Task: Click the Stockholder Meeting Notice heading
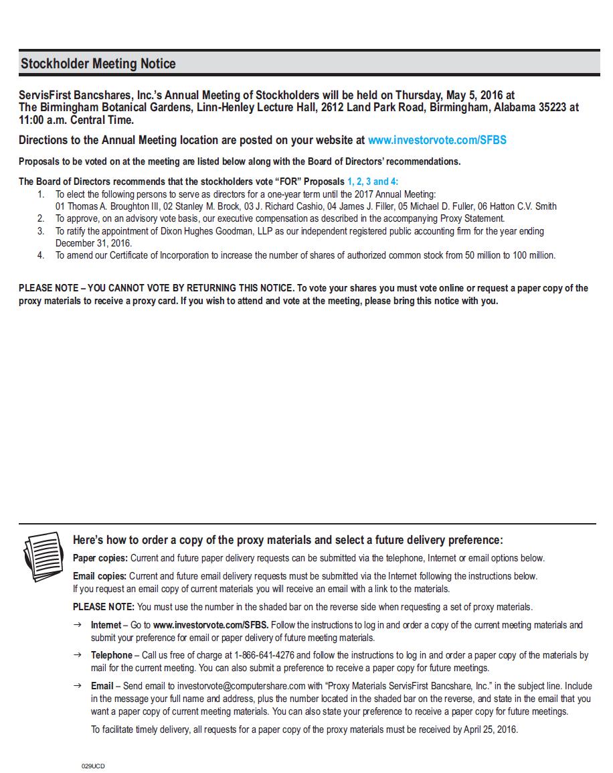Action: click(x=98, y=64)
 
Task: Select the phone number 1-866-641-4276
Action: click(x=265, y=655)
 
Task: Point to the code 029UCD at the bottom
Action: click(x=93, y=765)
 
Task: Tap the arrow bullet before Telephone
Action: click(x=78, y=655)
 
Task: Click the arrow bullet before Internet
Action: click(x=78, y=625)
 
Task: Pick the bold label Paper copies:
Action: click(x=100, y=558)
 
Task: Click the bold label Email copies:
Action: click(x=99, y=575)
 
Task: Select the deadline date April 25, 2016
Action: click(x=490, y=729)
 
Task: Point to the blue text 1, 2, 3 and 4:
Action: click(x=372, y=182)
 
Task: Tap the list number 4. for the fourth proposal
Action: click(x=41, y=255)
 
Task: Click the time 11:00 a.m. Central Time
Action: click(x=76, y=121)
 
